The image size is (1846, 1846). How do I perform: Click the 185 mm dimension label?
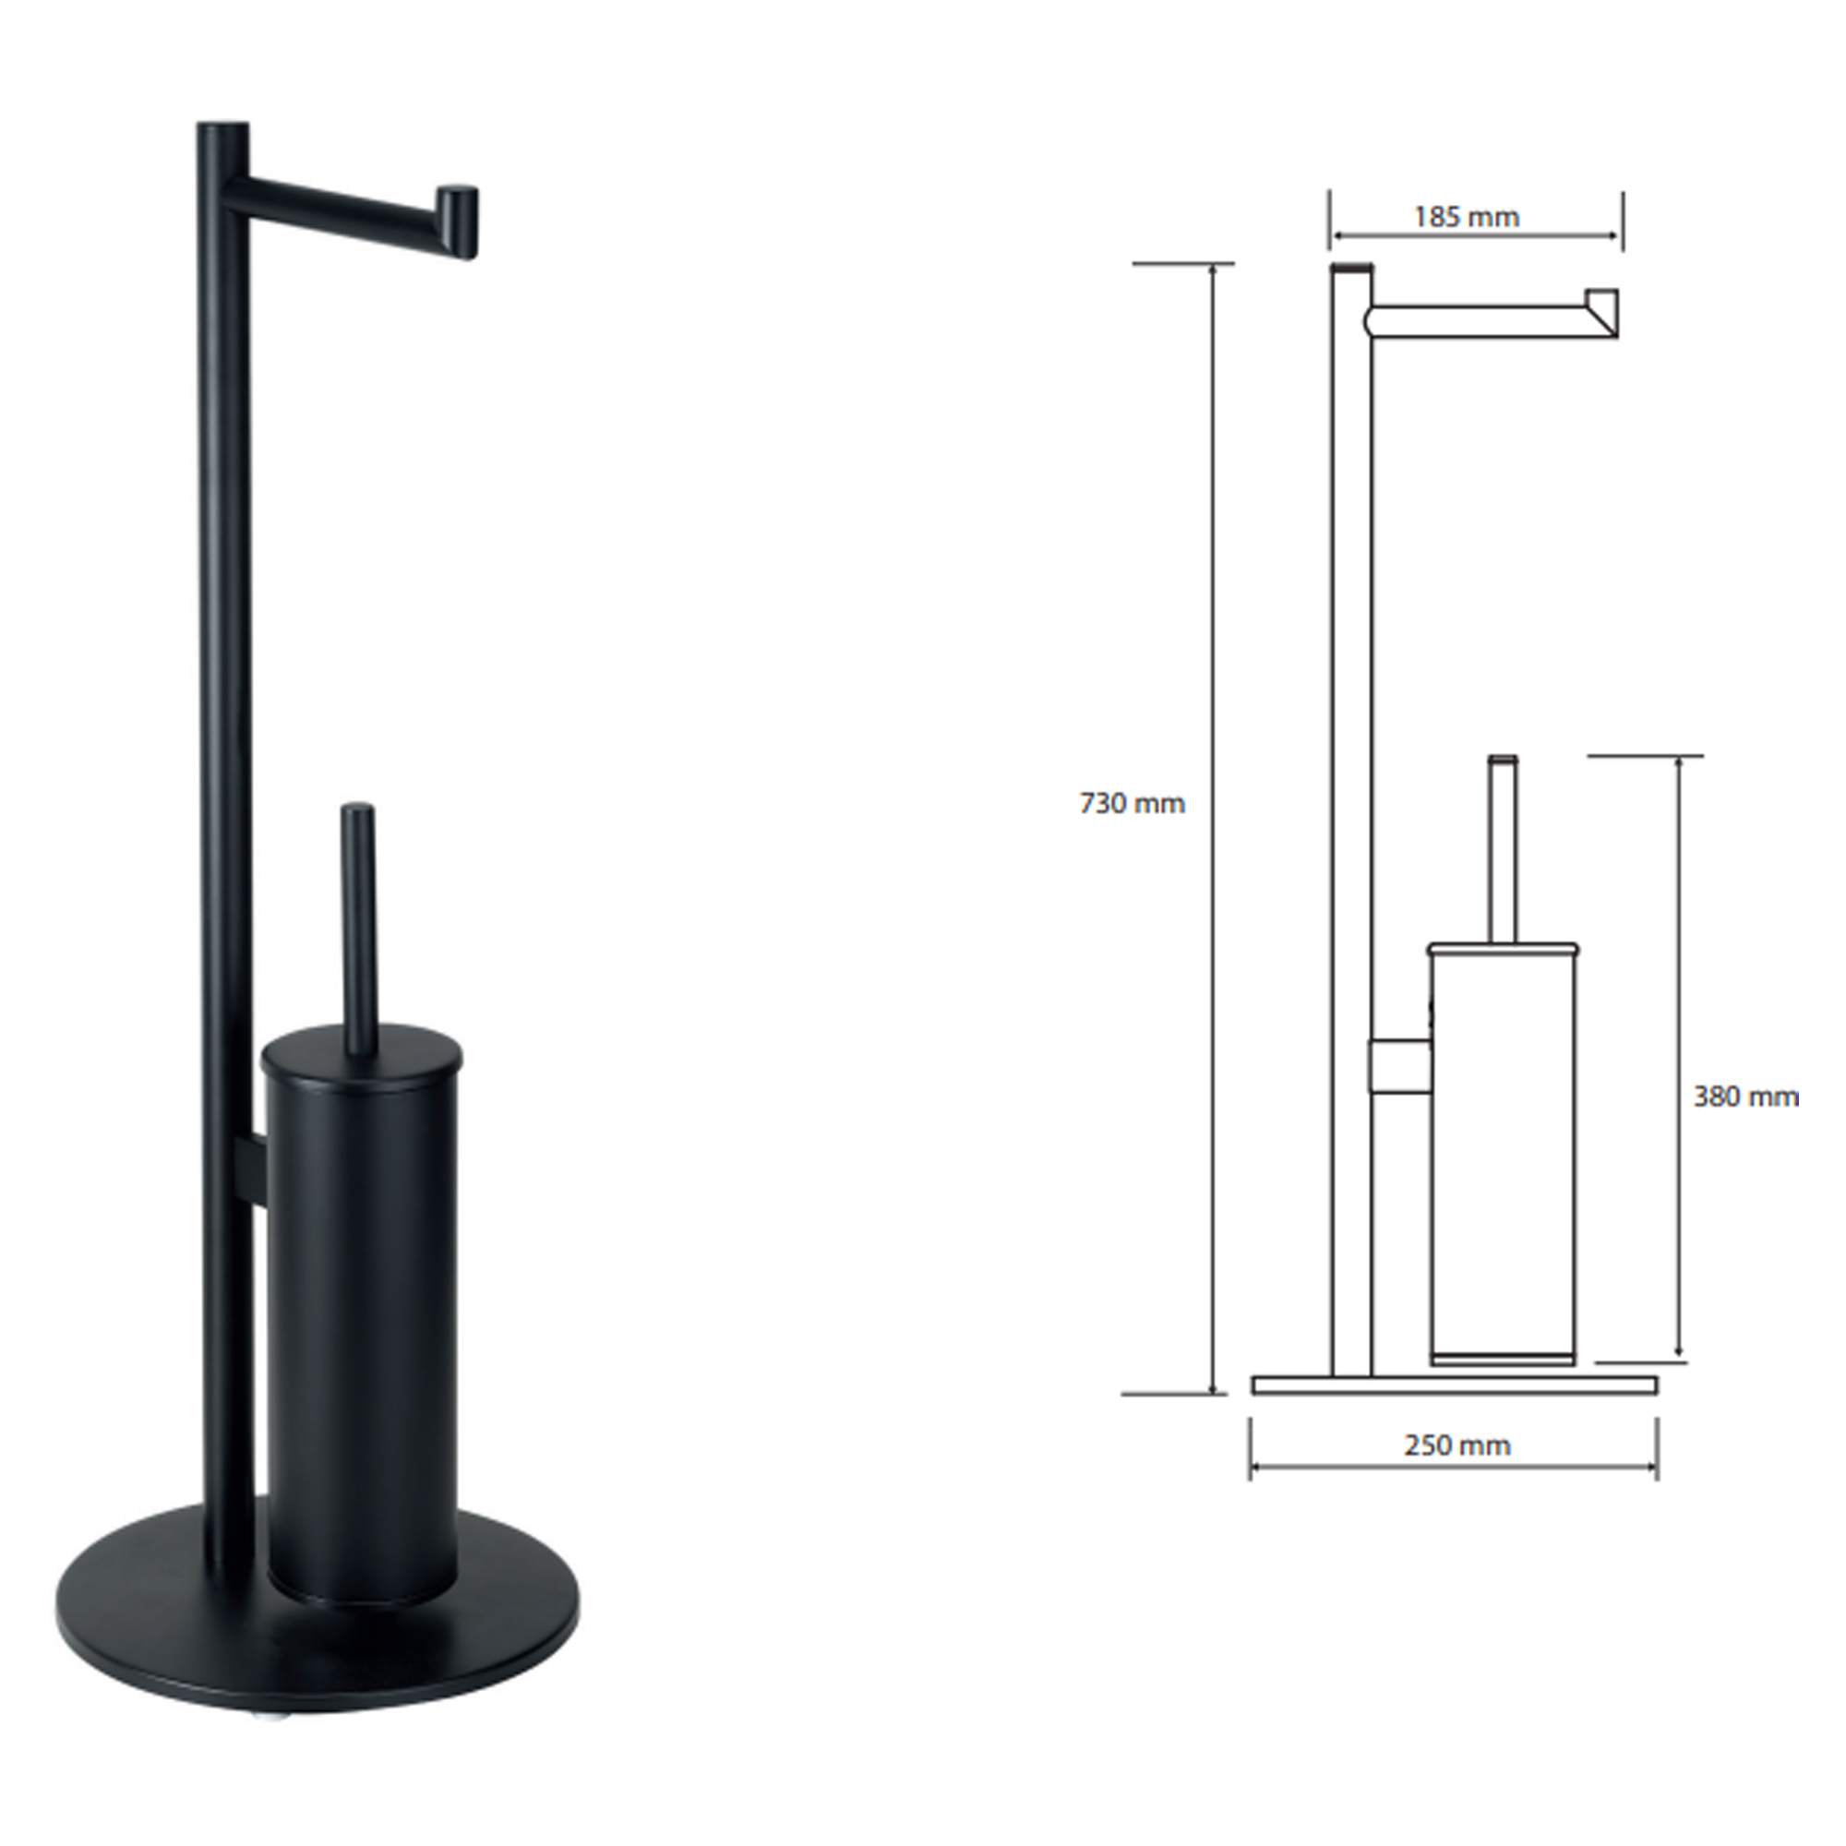pos(1466,218)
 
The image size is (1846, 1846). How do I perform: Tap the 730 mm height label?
pos(1133,804)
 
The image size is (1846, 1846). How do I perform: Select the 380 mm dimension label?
pos(1745,1096)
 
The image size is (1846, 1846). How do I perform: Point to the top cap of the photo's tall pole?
pos(222,127)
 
